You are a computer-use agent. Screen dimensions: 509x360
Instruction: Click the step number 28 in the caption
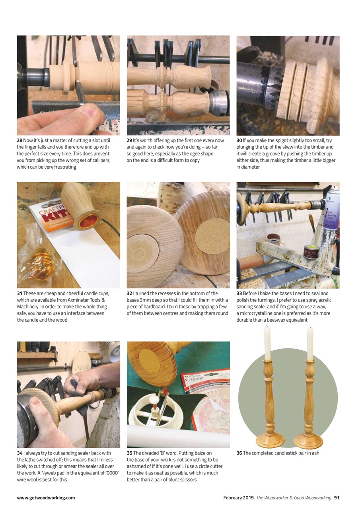tap(19, 140)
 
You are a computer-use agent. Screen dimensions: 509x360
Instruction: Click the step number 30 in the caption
tap(239, 140)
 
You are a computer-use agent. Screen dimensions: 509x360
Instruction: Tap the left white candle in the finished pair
tap(267, 342)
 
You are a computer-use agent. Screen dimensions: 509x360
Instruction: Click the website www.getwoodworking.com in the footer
tap(46, 497)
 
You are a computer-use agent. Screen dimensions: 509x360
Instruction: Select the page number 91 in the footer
tap(337, 497)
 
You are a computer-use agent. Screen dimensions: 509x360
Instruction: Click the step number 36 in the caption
tap(239, 453)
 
